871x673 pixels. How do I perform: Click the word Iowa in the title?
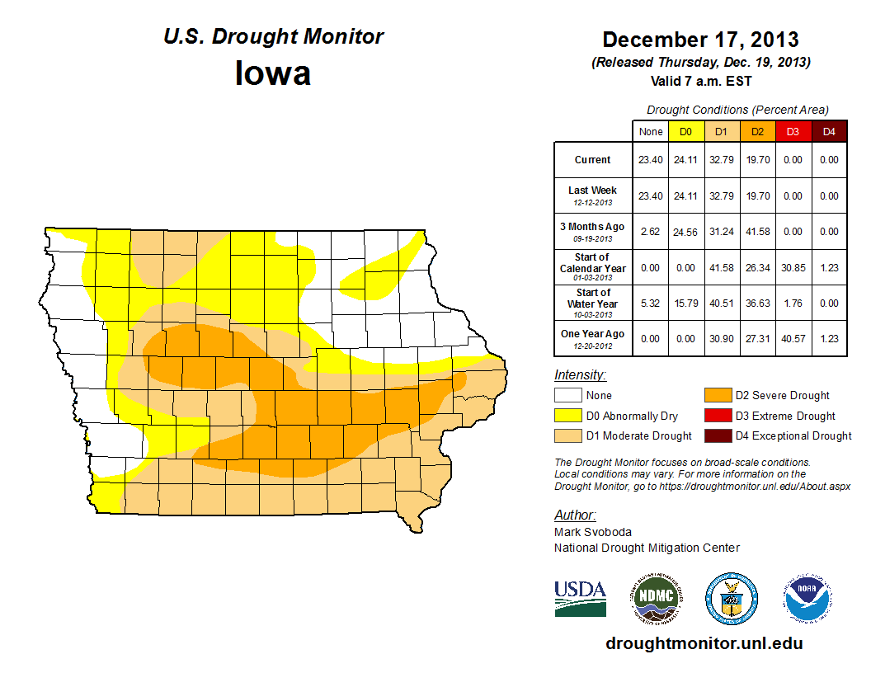click(x=273, y=73)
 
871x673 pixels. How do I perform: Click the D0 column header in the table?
click(x=685, y=132)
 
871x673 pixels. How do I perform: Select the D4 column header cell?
click(x=829, y=132)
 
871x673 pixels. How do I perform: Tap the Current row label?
click(x=593, y=160)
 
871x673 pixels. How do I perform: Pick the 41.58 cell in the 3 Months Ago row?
click(x=758, y=232)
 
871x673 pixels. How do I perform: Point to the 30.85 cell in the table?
click(x=793, y=268)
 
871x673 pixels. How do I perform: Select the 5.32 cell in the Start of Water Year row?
click(x=651, y=304)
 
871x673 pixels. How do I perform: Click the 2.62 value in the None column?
click(x=651, y=232)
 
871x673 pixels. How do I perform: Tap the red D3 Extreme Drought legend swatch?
click(x=716, y=416)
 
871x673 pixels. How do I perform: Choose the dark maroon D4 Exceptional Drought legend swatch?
click(x=716, y=435)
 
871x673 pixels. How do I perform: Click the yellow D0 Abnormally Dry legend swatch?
click(x=567, y=416)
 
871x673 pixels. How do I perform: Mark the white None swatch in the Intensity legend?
click(x=567, y=396)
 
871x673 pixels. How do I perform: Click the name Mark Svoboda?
click(x=593, y=532)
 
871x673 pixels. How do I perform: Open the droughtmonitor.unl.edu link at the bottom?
click(x=704, y=643)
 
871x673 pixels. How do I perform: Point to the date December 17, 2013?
click(x=699, y=40)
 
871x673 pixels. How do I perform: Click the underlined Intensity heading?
click(x=580, y=375)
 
